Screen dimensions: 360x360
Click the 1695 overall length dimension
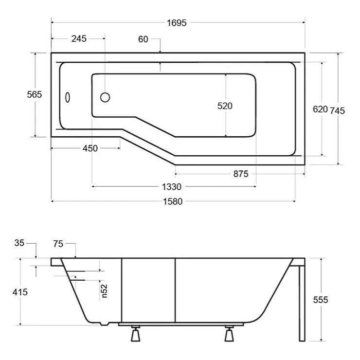pyautogui.click(x=177, y=23)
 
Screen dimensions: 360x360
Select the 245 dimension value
pyautogui.click(x=79, y=38)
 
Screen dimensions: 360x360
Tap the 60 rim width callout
pyautogui.click(x=143, y=39)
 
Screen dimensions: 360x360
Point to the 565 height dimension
pyautogui.click(x=35, y=94)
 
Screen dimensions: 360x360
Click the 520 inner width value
pyautogui.click(x=225, y=106)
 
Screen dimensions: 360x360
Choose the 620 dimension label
pyautogui.click(x=320, y=109)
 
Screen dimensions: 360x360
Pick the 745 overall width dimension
pyautogui.click(x=337, y=110)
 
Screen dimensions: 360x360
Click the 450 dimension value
pyautogui.click(x=90, y=148)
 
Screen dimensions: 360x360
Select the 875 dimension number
pyautogui.click(x=241, y=174)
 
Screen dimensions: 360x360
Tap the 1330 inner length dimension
pyautogui.click(x=172, y=187)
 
